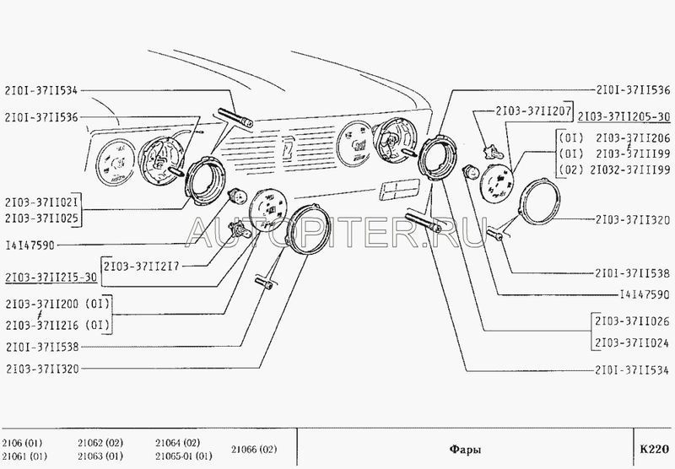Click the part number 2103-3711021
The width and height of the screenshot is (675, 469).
click(41, 202)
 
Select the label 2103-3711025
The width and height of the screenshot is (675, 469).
click(41, 218)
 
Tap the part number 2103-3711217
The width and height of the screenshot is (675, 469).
click(141, 267)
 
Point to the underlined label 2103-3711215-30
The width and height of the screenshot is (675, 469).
click(51, 278)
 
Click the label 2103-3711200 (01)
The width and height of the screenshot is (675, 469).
click(57, 305)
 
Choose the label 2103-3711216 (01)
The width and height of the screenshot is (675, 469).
click(57, 325)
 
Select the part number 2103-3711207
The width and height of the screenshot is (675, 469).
click(533, 111)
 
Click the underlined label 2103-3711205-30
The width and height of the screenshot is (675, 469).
click(624, 116)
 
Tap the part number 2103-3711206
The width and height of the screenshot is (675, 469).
click(634, 137)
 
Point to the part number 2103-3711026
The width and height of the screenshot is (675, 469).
click(632, 321)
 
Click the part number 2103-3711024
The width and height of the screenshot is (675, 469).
click(632, 342)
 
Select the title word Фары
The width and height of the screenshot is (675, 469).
click(465, 450)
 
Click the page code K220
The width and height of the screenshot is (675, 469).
click(655, 449)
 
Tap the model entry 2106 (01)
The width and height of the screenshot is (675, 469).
click(22, 443)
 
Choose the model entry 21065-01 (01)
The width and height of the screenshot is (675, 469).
click(184, 456)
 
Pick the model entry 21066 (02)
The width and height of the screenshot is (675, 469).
click(254, 450)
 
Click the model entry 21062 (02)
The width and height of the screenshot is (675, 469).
click(100, 443)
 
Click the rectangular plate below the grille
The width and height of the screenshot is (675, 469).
click(399, 189)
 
